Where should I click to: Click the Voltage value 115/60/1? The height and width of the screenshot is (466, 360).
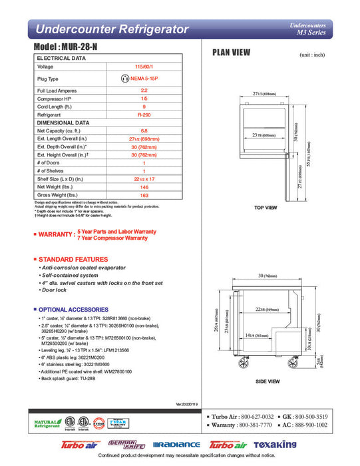[x=144, y=67]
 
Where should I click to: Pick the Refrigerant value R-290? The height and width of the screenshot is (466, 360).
[x=144, y=114]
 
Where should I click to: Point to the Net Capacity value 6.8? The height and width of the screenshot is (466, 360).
[x=144, y=131]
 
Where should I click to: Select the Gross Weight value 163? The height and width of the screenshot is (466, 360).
[x=144, y=194]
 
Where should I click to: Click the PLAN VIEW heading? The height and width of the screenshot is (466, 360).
[x=231, y=54]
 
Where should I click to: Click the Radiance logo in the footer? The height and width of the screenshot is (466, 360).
[x=176, y=445]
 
